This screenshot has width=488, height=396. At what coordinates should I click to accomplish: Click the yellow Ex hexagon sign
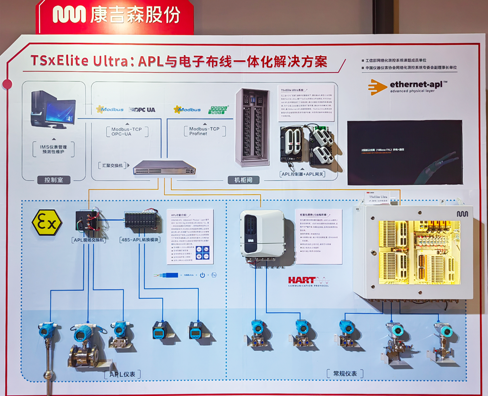tap(47, 222)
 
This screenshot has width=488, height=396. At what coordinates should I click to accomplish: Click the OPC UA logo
tap(142, 110)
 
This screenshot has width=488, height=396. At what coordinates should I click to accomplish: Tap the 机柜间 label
tap(240, 180)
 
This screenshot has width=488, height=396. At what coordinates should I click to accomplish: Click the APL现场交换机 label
tap(90, 240)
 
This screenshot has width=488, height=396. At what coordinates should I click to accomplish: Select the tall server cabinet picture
tap(252, 126)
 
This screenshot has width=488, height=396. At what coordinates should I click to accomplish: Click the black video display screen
tap(404, 152)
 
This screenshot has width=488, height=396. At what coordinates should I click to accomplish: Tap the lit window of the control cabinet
tap(419, 251)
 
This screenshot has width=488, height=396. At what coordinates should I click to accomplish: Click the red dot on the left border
tap(7, 84)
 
